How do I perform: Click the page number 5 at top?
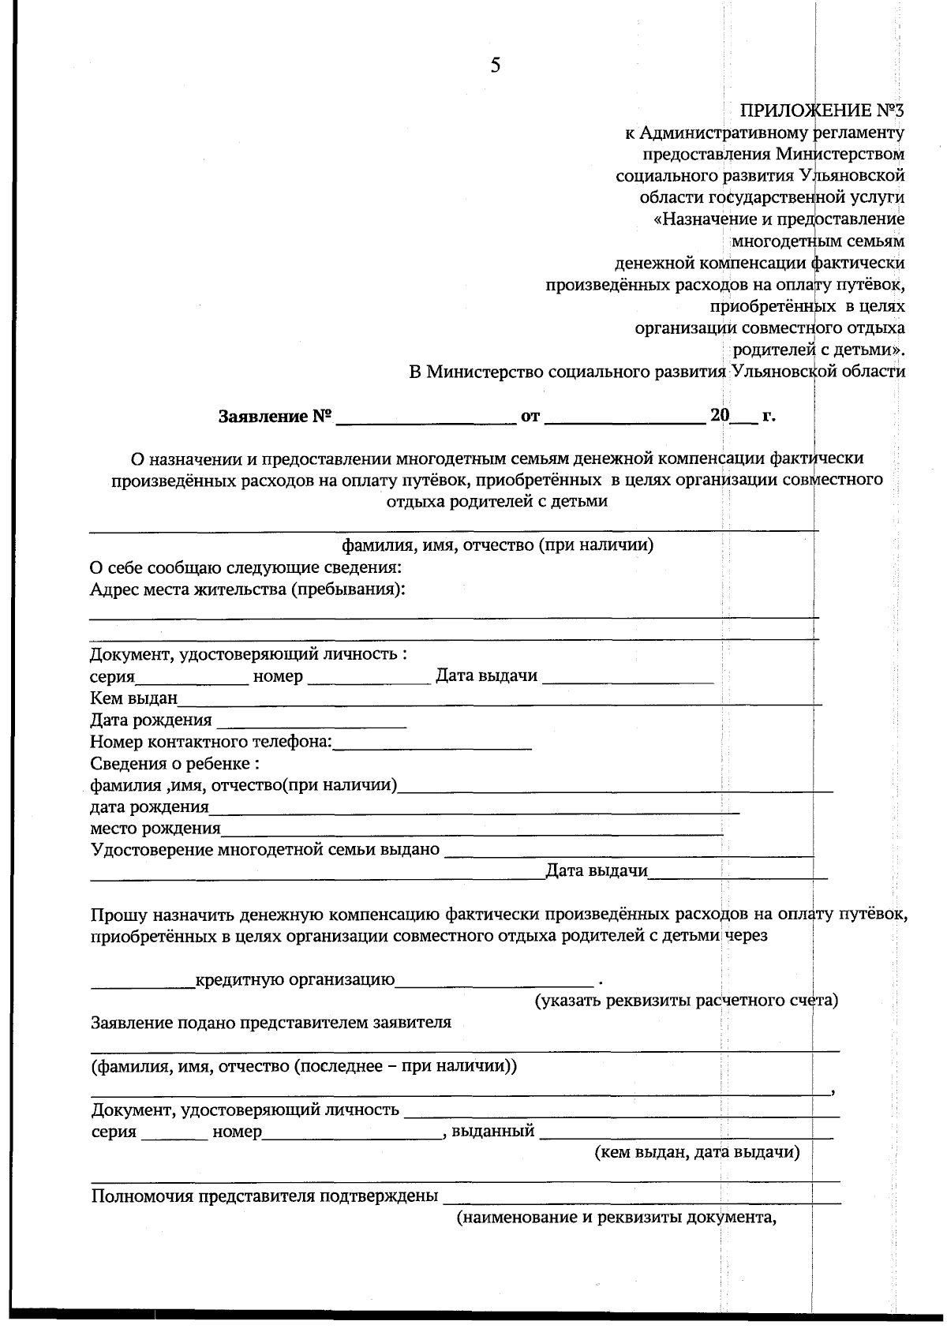pyautogui.click(x=495, y=65)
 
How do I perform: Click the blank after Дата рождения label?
pyautogui.click(x=311, y=721)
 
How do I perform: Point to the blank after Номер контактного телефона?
pyautogui.click(x=432, y=743)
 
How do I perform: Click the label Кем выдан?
pyautogui.click(x=133, y=698)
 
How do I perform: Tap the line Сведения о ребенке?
pyautogui.click(x=174, y=764)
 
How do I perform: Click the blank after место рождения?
pyautogui.click(x=471, y=829)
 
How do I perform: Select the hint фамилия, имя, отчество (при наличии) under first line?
pyautogui.click(x=496, y=546)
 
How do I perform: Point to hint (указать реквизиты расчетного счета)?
pyautogui.click(x=686, y=1001)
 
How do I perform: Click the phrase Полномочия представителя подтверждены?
pyautogui.click(x=264, y=1196)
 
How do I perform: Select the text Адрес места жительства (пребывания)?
pyautogui.click(x=247, y=590)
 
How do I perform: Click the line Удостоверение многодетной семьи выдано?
pyautogui.click(x=265, y=850)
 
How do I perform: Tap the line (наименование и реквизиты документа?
pyautogui.click(x=617, y=1218)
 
